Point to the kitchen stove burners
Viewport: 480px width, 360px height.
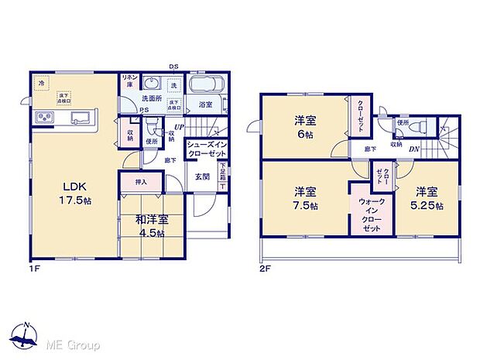tap(43, 118)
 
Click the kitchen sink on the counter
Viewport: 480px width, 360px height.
tap(80, 118)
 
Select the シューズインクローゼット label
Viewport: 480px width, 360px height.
tap(205, 147)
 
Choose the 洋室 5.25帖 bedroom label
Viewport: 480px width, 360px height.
tap(428, 197)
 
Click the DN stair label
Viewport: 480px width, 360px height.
tap(413, 149)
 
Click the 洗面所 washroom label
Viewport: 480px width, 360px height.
tap(150, 99)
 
